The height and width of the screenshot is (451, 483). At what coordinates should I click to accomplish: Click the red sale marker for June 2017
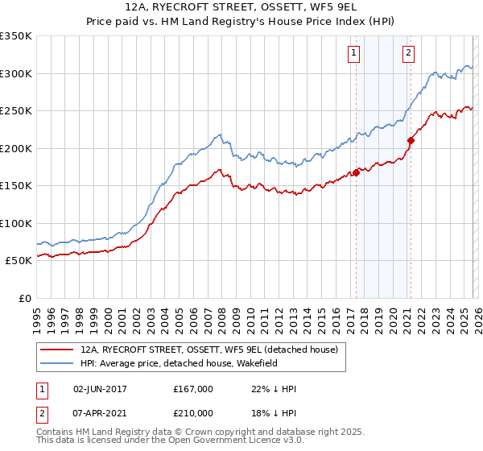[356, 172]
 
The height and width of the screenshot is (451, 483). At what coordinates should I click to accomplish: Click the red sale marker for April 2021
[411, 140]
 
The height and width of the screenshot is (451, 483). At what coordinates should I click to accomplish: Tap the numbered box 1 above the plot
[354, 53]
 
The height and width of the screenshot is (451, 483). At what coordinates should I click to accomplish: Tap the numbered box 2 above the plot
[409, 53]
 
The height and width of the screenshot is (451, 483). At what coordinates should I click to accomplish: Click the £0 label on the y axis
[26, 298]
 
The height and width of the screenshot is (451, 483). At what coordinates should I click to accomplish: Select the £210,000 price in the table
[193, 413]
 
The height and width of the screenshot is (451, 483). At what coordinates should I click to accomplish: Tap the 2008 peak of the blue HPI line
[219, 134]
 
